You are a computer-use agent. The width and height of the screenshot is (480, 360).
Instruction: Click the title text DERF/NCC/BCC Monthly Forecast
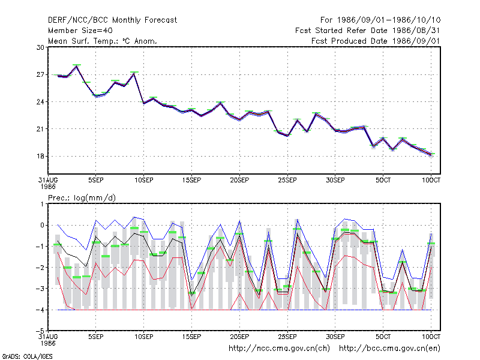[112, 20]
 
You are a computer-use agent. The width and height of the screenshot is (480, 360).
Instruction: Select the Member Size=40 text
[80, 31]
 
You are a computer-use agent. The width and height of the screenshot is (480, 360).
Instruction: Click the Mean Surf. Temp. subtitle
[103, 41]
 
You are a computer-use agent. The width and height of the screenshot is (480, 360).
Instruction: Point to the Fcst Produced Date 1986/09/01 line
[376, 41]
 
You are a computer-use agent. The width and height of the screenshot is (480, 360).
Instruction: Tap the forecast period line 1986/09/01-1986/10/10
[380, 20]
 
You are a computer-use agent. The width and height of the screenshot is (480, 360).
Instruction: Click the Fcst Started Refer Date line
[368, 31]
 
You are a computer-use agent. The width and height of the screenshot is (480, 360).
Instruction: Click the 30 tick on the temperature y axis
[40, 47]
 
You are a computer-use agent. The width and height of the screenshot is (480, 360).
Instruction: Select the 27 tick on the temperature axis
[40, 74]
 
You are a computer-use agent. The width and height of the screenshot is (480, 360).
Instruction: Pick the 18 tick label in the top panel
[40, 156]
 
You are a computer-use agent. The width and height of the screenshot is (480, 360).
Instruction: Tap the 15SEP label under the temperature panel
[191, 181]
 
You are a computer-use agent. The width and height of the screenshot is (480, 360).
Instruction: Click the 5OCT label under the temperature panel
[383, 181]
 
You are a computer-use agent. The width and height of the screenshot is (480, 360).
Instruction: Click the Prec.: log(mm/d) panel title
[82, 198]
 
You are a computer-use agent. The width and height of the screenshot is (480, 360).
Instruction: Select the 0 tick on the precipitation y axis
[42, 226]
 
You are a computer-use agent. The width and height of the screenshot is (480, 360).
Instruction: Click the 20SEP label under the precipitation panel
[239, 337]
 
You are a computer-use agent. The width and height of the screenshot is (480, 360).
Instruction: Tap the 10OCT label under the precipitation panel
[431, 337]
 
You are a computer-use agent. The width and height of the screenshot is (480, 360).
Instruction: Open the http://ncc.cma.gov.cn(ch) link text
[279, 349]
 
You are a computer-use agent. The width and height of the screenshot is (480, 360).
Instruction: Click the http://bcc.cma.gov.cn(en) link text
[389, 349]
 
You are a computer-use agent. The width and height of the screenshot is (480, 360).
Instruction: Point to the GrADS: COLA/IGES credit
[27, 356]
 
